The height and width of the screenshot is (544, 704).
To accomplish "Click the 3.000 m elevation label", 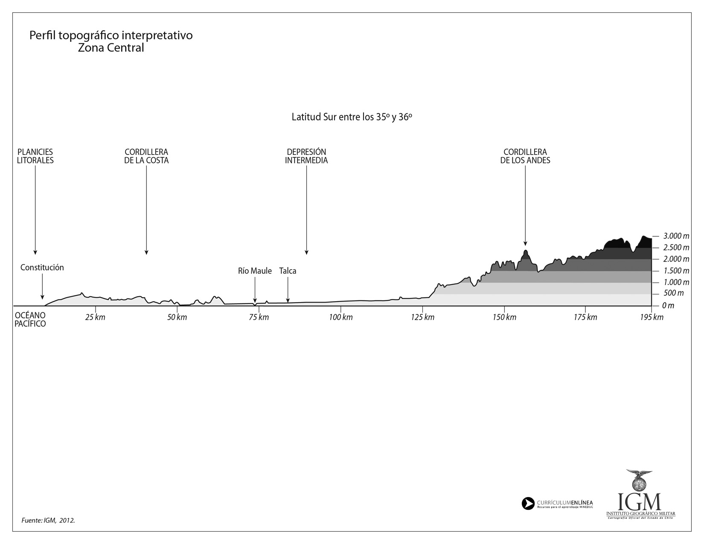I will click(x=677, y=236).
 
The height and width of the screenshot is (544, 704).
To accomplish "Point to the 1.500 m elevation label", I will click(x=677, y=271).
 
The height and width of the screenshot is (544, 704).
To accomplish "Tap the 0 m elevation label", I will click(x=668, y=305).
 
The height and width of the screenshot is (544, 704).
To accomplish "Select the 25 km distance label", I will click(x=95, y=317).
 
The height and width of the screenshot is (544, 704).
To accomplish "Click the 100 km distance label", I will click(x=341, y=317).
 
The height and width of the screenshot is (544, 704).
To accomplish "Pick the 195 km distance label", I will click(x=652, y=317).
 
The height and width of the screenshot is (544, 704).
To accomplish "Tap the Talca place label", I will click(x=288, y=271).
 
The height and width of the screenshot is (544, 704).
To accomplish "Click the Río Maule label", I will click(x=255, y=271).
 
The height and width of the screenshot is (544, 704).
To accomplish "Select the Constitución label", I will click(x=42, y=268).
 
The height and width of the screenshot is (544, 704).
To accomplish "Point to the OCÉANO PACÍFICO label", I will click(x=30, y=320).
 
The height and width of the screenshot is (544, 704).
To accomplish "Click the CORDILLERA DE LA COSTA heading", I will click(x=146, y=156).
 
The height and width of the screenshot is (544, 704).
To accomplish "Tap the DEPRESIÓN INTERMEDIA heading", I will click(x=306, y=156).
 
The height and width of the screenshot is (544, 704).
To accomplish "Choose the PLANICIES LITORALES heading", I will click(x=35, y=156).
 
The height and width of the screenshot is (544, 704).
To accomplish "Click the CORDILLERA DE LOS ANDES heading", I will click(x=525, y=156).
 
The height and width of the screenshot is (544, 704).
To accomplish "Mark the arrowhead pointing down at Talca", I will click(x=288, y=300).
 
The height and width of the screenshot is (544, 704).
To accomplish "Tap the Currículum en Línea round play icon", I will click(x=528, y=503).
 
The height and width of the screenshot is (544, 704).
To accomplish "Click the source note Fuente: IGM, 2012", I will click(x=48, y=521).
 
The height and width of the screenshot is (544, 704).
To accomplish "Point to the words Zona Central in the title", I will click(x=111, y=48).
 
